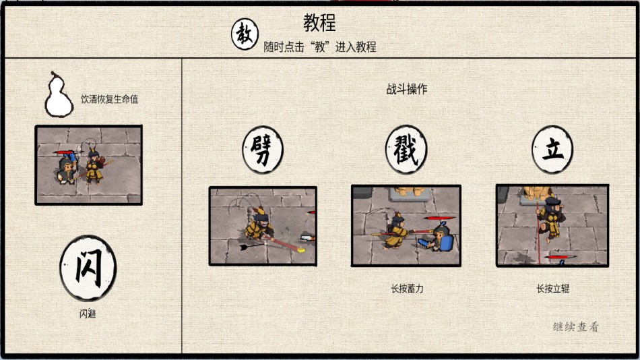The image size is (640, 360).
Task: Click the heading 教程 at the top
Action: (x=319, y=24)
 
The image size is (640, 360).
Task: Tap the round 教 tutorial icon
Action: (x=245, y=34)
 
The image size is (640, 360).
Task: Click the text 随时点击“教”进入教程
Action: (x=319, y=47)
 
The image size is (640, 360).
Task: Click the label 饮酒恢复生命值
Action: (x=109, y=99)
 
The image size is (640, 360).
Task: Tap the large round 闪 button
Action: (x=88, y=268)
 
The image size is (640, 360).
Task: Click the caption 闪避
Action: (x=87, y=313)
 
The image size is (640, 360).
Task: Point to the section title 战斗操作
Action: (x=407, y=89)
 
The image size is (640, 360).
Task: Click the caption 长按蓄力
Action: (x=407, y=289)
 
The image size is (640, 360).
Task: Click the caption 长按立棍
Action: (x=553, y=289)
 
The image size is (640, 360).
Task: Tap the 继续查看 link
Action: (x=575, y=327)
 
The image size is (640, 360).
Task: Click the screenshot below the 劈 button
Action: (x=262, y=225)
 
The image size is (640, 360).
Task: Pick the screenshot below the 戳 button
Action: (x=406, y=225)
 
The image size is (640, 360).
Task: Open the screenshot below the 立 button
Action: (x=552, y=225)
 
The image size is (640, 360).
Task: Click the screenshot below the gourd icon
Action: (x=88, y=165)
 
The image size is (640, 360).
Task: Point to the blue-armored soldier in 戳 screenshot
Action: (x=443, y=237)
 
